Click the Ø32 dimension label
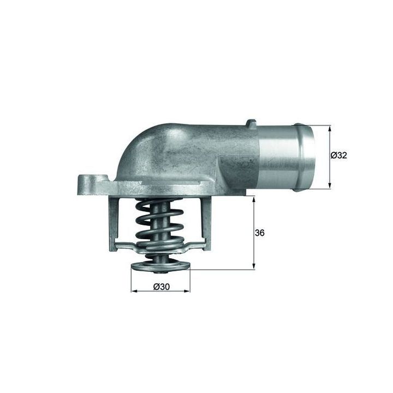pos(338,156)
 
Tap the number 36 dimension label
pos(259,233)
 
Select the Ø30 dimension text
pos(162,287)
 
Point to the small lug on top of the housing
pos(252,124)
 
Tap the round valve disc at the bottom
pos(160,266)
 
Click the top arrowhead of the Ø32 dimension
pos(329,129)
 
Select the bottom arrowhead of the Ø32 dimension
pos(329,185)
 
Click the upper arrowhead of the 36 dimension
pos(254,199)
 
